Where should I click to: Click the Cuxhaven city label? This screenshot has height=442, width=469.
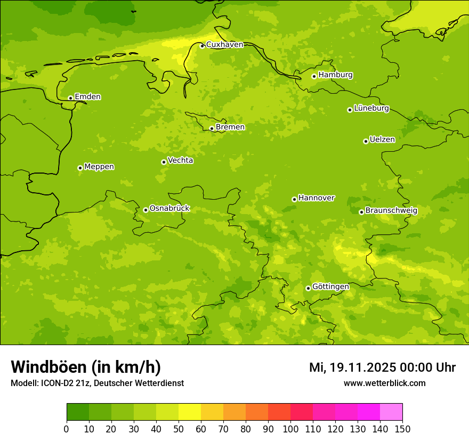point(224,45)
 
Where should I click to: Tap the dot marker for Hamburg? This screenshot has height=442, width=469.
point(314,76)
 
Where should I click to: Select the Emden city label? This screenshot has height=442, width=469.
point(87,97)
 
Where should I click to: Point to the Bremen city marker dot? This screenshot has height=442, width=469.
point(212,128)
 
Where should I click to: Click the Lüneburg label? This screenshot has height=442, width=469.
point(371,109)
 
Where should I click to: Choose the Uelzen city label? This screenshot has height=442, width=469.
point(382,140)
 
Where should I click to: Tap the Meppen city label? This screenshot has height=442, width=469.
point(99,167)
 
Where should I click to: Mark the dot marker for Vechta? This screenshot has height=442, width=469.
point(164,162)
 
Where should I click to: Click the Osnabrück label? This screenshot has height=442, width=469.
point(169,209)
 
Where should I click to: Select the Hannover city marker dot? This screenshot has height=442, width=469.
point(294,200)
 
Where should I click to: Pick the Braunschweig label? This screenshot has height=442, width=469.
point(391,211)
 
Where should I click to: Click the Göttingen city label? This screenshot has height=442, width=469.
point(330,287)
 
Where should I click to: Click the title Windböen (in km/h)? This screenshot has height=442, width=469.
point(86,367)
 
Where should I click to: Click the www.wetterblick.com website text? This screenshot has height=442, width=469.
point(384,383)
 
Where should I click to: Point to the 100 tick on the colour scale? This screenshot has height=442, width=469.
point(290,428)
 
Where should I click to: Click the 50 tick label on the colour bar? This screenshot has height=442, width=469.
point(179,428)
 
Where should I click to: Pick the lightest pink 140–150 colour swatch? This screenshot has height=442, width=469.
point(391,412)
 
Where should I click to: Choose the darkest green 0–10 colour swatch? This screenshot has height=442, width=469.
point(78,412)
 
